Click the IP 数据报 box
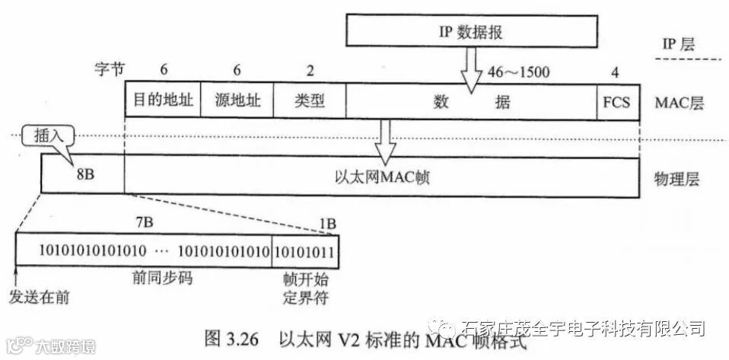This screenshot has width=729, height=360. (469, 31)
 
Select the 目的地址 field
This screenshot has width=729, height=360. (162, 100)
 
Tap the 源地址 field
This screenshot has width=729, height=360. (236, 100)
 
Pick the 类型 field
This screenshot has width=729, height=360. (308, 100)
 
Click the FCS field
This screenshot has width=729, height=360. (616, 100)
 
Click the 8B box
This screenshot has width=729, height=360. (83, 174)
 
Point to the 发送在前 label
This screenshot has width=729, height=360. (39, 297)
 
